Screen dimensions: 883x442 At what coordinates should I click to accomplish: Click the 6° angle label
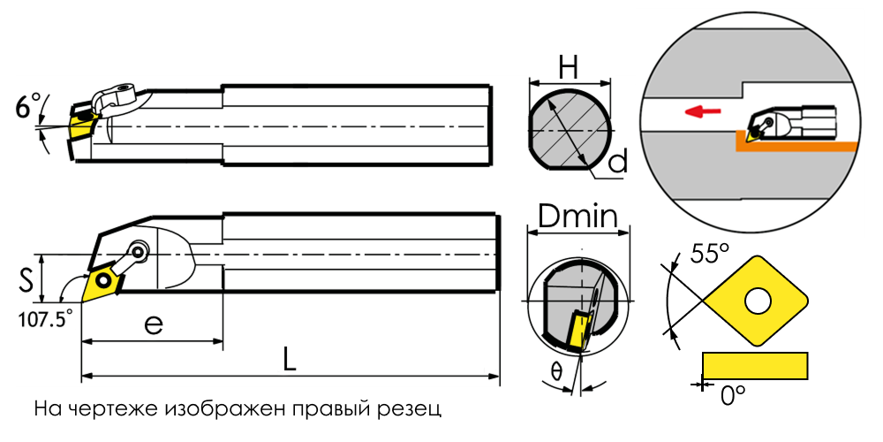[29, 105]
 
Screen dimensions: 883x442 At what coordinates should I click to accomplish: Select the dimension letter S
[24, 280]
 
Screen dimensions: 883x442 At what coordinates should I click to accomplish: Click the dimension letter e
[153, 324]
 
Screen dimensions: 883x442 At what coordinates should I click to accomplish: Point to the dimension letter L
[290, 360]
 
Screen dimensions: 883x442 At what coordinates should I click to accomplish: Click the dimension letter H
[570, 69]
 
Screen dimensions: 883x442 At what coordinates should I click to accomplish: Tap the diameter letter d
[618, 162]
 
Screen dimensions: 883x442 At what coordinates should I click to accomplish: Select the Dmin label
[577, 216]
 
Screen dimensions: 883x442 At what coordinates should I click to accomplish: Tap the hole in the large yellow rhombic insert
[758, 301]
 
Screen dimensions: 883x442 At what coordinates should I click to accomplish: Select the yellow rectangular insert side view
[755, 365]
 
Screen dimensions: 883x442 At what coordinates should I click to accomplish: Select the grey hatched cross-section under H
[570, 131]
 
